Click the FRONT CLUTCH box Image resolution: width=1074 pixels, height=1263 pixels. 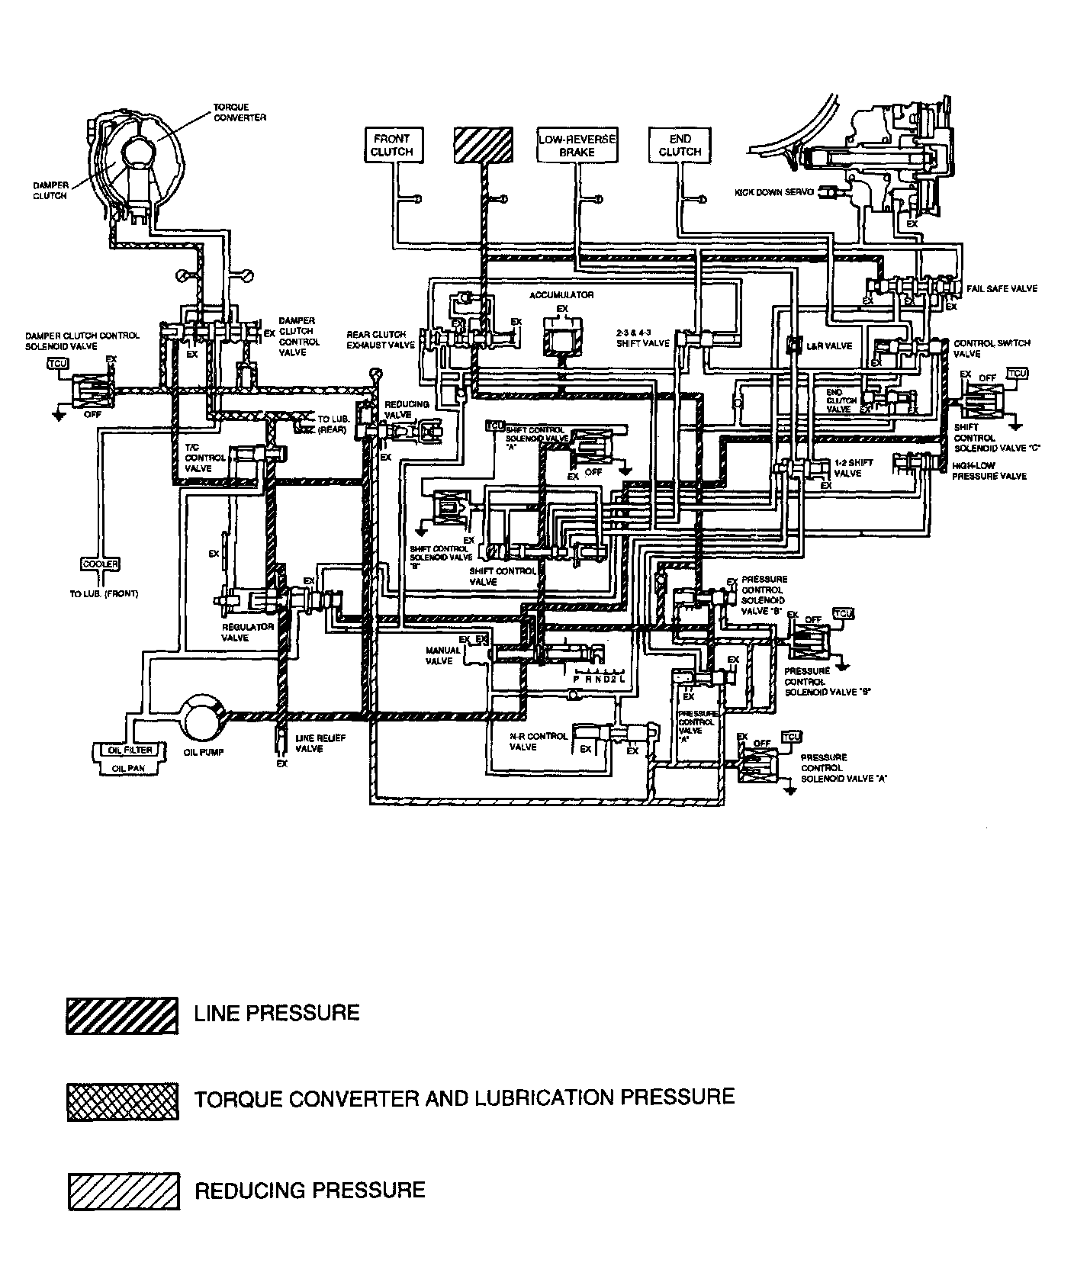(391, 145)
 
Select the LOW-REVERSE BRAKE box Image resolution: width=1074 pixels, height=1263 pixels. (577, 145)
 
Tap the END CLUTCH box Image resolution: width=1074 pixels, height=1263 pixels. (680, 145)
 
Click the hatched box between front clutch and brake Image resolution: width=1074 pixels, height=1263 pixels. (484, 145)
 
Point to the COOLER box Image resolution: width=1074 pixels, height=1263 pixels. (100, 564)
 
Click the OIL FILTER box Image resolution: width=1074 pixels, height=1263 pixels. (127, 750)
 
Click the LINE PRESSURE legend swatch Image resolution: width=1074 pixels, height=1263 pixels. (122, 1015)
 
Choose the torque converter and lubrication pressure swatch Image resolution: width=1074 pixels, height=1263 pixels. (122, 1101)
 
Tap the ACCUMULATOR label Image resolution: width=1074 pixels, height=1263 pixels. (561, 295)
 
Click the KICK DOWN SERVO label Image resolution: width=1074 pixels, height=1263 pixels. (774, 192)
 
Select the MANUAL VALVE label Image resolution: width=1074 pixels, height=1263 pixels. (443, 655)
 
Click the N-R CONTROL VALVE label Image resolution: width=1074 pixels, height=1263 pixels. (539, 741)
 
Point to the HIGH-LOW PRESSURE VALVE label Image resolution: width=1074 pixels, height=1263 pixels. (989, 471)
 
